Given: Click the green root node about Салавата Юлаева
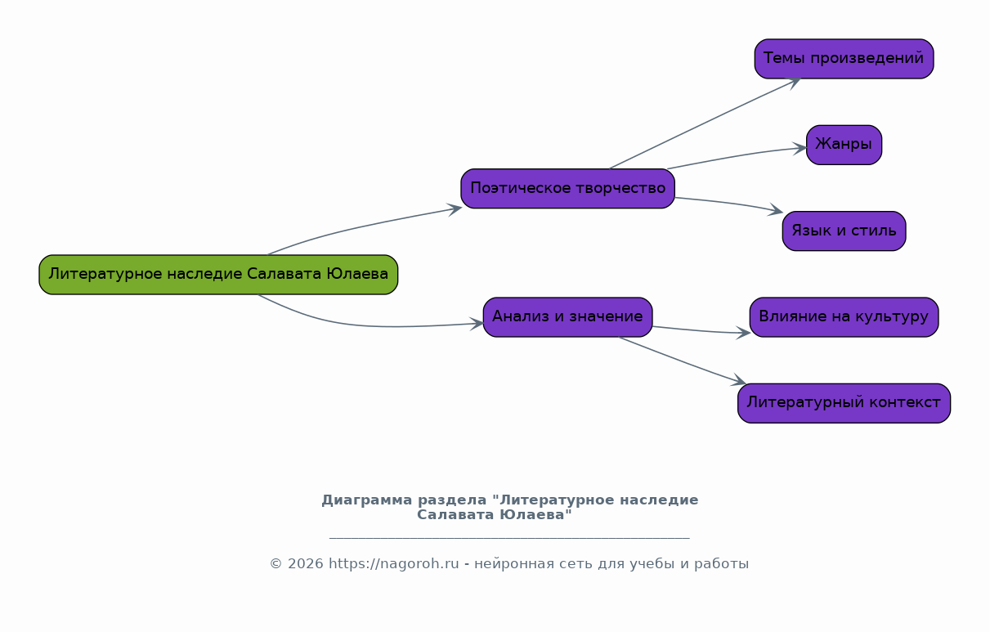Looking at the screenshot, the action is pyautogui.click(x=218, y=275).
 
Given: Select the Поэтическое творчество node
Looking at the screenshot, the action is pyautogui.click(x=567, y=188).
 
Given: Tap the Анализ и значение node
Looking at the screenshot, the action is pyautogui.click(x=567, y=317).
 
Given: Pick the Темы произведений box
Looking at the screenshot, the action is pyautogui.click(x=844, y=59).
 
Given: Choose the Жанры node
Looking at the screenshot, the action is pyautogui.click(x=844, y=145).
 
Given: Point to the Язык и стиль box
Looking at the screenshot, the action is pyautogui.click(x=844, y=231).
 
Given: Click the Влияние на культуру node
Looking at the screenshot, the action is pyautogui.click(x=844, y=317).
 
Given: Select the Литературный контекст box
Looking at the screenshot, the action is pyautogui.click(x=844, y=403).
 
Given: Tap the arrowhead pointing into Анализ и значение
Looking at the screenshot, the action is pyautogui.click(x=477, y=324).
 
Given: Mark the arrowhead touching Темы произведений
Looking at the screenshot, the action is pyautogui.click(x=793, y=83).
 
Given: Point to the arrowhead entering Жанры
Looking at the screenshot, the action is pyautogui.click(x=799, y=149).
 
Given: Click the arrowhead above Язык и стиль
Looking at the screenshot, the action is pyautogui.click(x=775, y=209).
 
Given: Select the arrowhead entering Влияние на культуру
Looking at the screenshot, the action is pyautogui.click(x=743, y=333).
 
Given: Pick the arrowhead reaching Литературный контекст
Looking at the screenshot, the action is pyautogui.click(x=738, y=380).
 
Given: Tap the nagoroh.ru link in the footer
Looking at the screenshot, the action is pyautogui.click(x=394, y=564).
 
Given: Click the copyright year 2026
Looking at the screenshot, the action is pyautogui.click(x=306, y=564).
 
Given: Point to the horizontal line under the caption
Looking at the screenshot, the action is pyautogui.click(x=509, y=538).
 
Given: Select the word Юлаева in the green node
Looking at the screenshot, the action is pyautogui.click(x=357, y=274).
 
